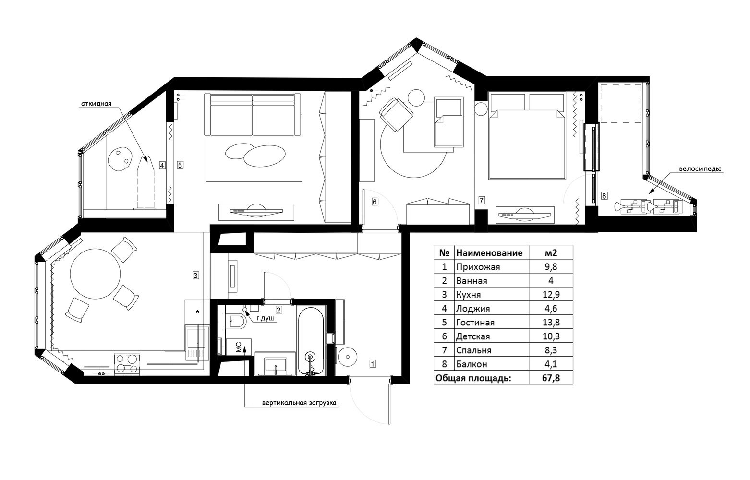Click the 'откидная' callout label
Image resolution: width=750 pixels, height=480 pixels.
pos(96,104)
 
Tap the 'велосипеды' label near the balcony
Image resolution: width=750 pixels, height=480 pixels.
pos(700,168)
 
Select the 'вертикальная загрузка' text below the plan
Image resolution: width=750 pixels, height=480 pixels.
pos(299,403)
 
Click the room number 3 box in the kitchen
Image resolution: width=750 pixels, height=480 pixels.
pos(196,276)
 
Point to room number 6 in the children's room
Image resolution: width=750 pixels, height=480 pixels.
pos(375,202)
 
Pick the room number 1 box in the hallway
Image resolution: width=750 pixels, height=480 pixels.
pos(373,363)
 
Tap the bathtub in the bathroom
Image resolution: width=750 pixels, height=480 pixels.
pos(311,341)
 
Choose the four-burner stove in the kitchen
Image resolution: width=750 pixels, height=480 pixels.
pos(127,363)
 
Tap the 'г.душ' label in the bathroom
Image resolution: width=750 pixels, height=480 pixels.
pos(266,318)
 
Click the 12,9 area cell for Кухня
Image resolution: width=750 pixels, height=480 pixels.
pos(551,295)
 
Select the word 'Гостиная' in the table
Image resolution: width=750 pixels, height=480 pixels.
pos(475,323)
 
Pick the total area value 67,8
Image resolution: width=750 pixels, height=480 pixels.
pos(551,378)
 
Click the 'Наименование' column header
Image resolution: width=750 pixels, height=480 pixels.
pos(489,252)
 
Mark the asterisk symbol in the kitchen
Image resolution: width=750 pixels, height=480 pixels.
pos(197,312)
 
